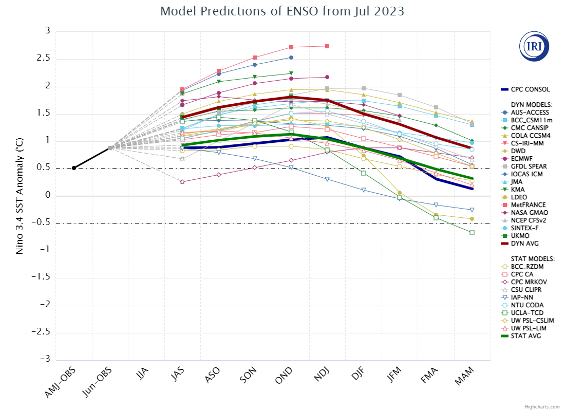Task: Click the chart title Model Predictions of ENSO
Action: click(282, 11)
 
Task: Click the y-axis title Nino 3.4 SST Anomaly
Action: click(20, 195)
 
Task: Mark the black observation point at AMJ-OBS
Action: click(74, 168)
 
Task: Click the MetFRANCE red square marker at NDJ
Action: click(327, 46)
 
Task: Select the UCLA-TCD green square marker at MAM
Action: click(472, 233)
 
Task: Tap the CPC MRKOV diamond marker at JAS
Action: click(182, 182)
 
